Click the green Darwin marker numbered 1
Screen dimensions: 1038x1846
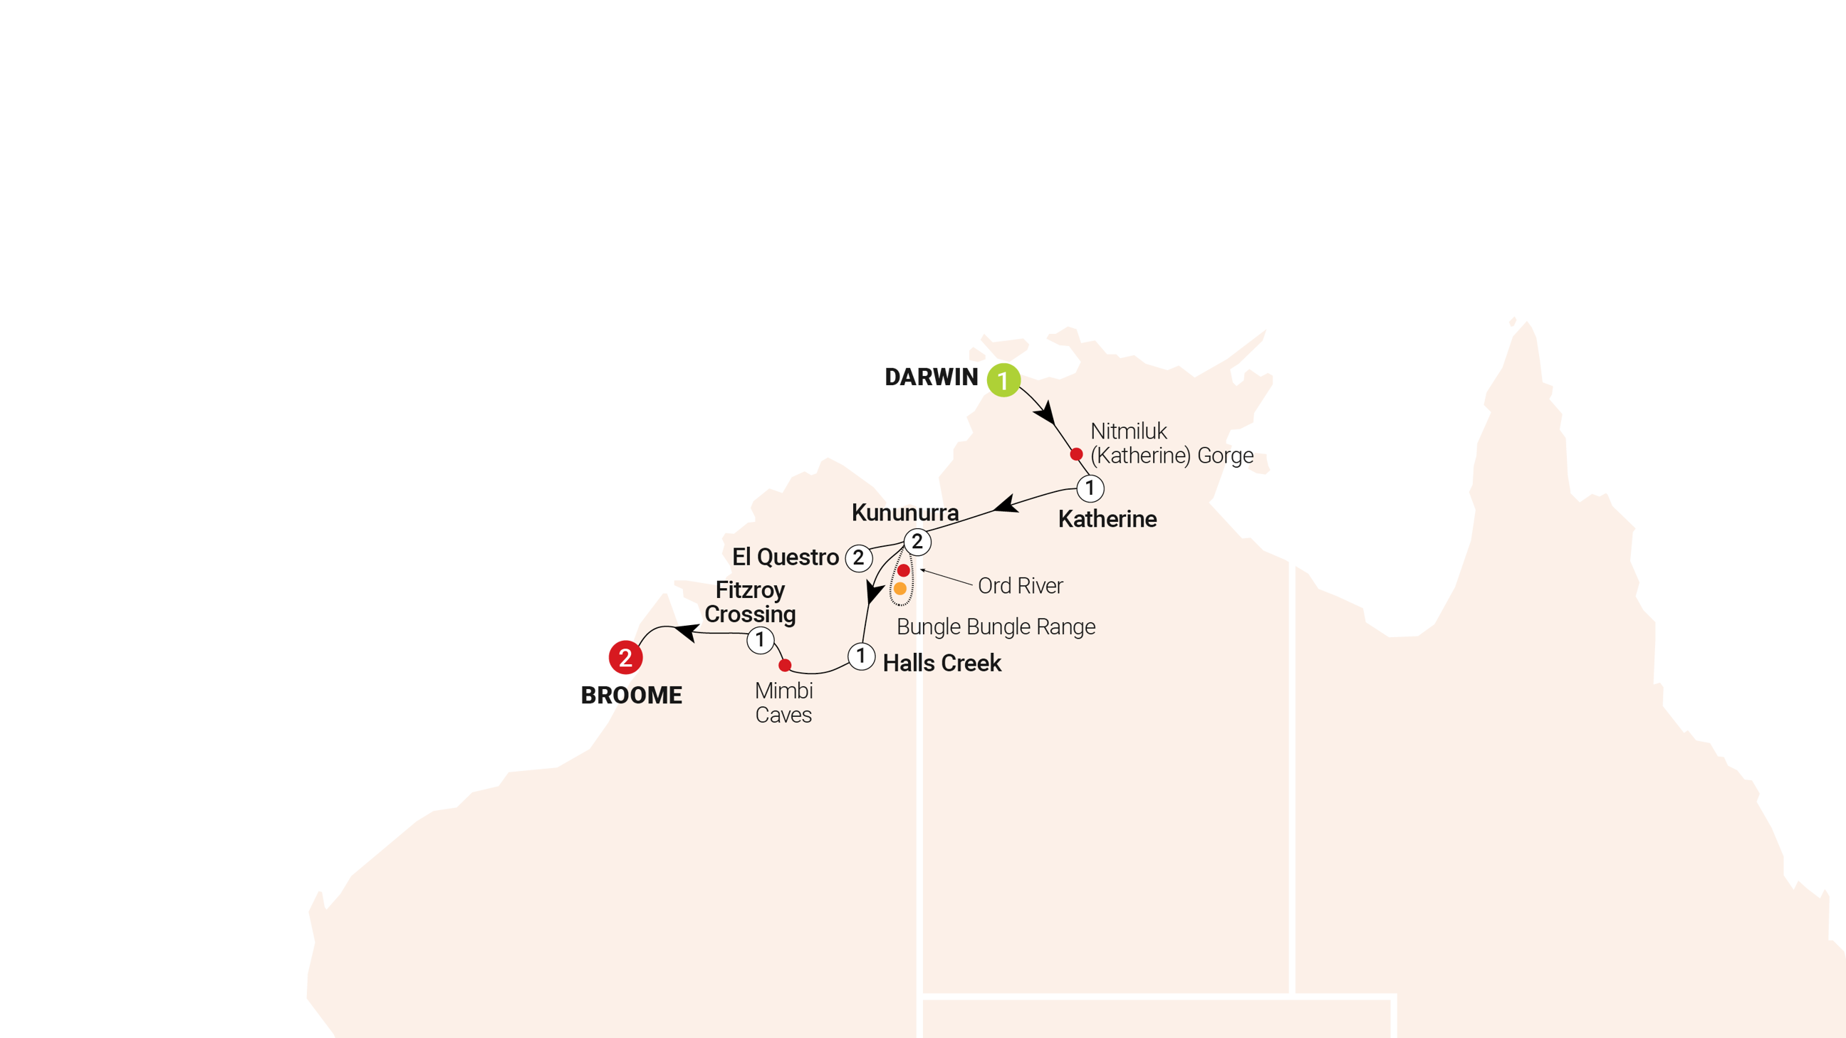[1003, 379]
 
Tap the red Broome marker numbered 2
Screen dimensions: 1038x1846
[625, 657]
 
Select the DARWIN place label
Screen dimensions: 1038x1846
[932, 377]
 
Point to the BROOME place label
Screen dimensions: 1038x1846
[631, 695]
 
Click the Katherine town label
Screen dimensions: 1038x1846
[1107, 518]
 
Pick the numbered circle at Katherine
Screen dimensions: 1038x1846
[1090, 488]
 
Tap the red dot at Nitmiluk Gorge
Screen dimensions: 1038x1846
[1075, 454]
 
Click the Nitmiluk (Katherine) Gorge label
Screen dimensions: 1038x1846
[1171, 444]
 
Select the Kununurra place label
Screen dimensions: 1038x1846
[904, 512]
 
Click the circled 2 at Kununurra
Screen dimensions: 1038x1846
[917, 542]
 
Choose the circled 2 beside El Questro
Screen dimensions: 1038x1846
[858, 557]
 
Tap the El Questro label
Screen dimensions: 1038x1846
[786, 557]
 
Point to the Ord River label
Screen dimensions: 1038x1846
[1020, 586]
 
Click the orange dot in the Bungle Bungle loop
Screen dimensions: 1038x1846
[900, 589]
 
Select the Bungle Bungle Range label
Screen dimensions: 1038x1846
[996, 627]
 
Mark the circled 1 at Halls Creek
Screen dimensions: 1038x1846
[860, 656]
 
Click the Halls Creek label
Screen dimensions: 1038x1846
[942, 664]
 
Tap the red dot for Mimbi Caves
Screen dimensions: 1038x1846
[785, 666]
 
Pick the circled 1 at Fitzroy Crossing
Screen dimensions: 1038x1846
[761, 640]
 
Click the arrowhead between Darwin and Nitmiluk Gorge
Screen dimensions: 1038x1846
[1045, 414]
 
